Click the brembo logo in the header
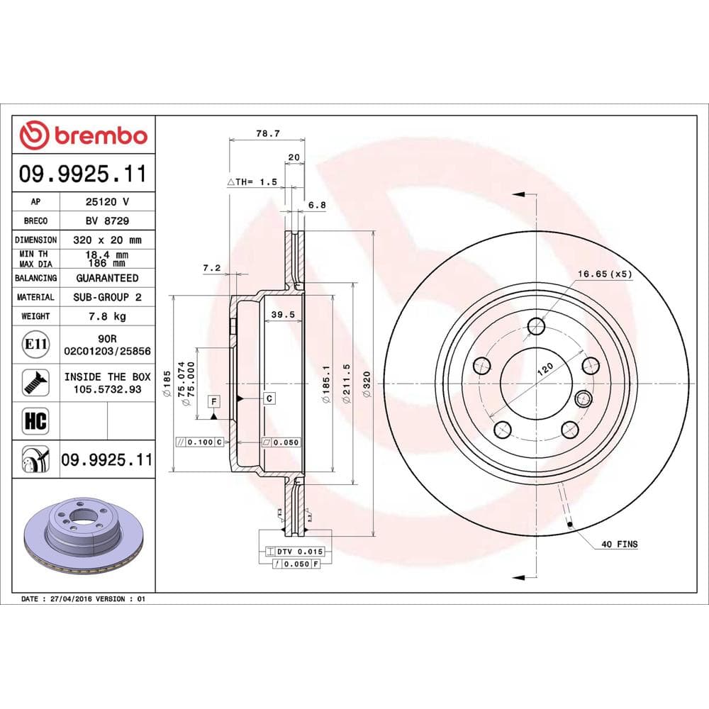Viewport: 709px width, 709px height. click(x=84, y=135)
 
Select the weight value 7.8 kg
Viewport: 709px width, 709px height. click(x=107, y=316)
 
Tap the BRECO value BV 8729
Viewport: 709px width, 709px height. click(x=107, y=220)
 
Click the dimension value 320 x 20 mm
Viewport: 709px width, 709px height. click(x=107, y=240)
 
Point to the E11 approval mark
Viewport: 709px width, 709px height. click(x=35, y=345)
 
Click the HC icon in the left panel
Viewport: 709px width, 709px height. click(x=35, y=421)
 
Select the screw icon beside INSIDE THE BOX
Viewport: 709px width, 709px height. click(x=35, y=382)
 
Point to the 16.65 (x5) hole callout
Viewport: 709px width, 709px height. click(x=603, y=273)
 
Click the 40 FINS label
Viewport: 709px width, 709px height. click(x=618, y=545)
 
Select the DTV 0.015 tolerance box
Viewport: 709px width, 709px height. click(x=294, y=551)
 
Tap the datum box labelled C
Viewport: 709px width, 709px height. click(x=269, y=398)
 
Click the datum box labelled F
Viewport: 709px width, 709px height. click(x=213, y=402)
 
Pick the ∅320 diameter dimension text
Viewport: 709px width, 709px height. click(x=367, y=386)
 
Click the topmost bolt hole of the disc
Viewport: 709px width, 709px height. click(x=536, y=325)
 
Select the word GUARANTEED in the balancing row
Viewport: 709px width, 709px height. click(x=107, y=278)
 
